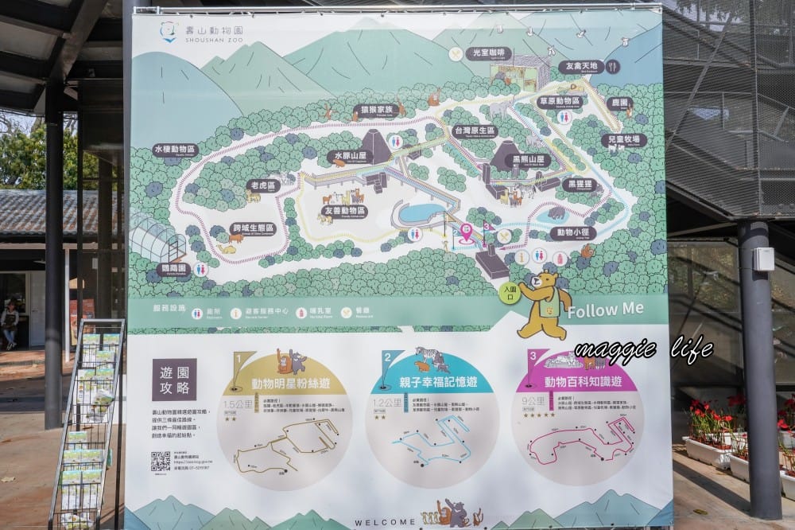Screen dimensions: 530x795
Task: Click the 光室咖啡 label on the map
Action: (489, 54)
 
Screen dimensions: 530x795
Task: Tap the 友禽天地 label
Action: (581, 67)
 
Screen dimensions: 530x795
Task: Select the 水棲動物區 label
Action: (175, 150)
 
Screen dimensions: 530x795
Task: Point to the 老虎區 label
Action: (261, 185)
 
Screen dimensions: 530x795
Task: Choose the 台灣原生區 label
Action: (474, 131)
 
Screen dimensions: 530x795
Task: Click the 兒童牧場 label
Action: (623, 140)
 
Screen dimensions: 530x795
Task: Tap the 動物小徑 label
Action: (572, 233)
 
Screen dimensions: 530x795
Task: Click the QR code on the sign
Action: (161, 461)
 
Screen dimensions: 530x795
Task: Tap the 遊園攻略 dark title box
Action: (174, 379)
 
